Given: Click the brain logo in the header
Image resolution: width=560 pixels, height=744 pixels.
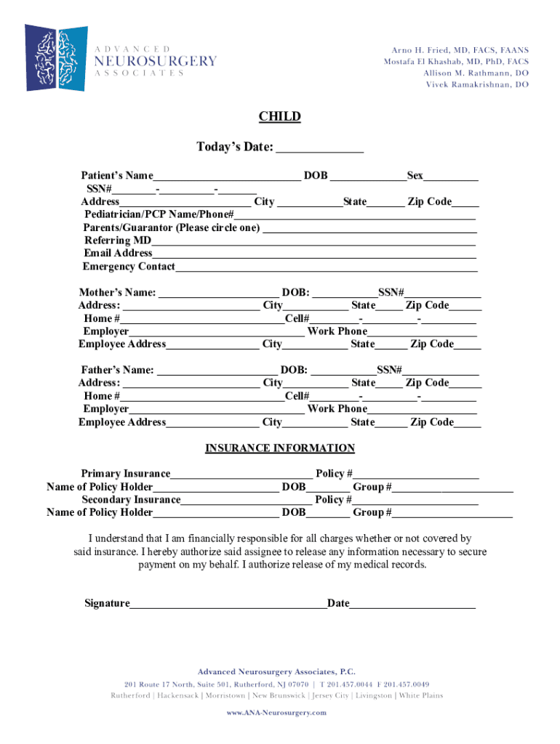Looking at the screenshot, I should pyautogui.click(x=56, y=57).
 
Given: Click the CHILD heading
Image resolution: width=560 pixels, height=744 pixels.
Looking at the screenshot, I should pyautogui.click(x=280, y=117).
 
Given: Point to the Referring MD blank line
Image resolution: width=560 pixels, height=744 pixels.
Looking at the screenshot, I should pyautogui.click(x=314, y=241).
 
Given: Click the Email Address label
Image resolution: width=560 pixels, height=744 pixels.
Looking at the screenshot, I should pyautogui.click(x=118, y=254).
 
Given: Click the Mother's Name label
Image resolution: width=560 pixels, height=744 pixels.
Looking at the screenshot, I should pyautogui.click(x=117, y=293).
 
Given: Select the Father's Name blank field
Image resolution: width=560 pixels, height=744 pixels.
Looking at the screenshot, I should pyautogui.click(x=217, y=371).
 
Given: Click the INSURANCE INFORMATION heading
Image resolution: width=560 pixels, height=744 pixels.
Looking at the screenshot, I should pyautogui.click(x=280, y=448).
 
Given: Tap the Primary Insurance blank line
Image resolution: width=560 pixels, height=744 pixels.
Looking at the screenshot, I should pyautogui.click(x=241, y=474).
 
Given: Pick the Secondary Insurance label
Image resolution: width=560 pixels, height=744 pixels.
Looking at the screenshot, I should pyautogui.click(x=131, y=500).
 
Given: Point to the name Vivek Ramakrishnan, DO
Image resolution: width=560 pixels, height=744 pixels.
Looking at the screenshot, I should pyautogui.click(x=477, y=85).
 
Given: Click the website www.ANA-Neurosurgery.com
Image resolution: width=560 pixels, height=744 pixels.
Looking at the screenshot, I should pyautogui.click(x=276, y=713).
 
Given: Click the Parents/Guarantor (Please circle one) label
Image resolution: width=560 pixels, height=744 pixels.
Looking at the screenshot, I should pyautogui.click(x=172, y=228).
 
